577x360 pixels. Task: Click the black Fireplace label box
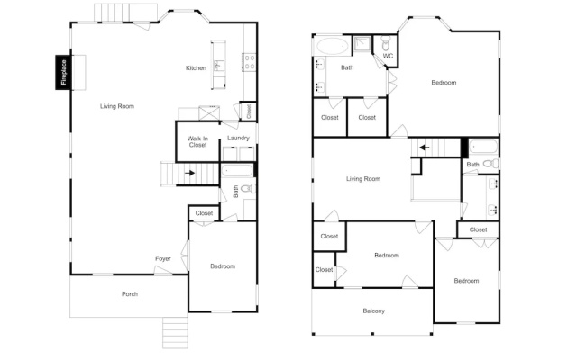(x=63, y=72)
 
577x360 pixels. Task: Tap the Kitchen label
(x=196, y=68)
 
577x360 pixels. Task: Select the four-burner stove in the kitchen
(x=250, y=62)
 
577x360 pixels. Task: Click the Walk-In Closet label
(x=198, y=142)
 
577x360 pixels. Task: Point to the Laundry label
(x=238, y=138)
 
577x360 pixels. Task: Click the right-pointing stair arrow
(x=190, y=173)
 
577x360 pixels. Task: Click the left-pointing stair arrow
(x=425, y=148)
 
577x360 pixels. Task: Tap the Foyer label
(x=163, y=258)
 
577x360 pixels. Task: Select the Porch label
(x=130, y=294)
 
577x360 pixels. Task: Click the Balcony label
(x=373, y=310)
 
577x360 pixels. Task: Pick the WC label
(x=388, y=56)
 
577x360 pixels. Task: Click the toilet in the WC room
(x=386, y=43)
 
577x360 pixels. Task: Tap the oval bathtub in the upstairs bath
(x=333, y=46)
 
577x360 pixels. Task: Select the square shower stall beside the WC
(x=362, y=44)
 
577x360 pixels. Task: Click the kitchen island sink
(x=217, y=66)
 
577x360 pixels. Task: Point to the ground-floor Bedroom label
(x=223, y=266)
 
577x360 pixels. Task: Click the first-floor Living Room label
(x=117, y=106)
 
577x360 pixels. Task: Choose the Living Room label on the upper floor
(x=363, y=179)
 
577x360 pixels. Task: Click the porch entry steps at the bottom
(x=175, y=333)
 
